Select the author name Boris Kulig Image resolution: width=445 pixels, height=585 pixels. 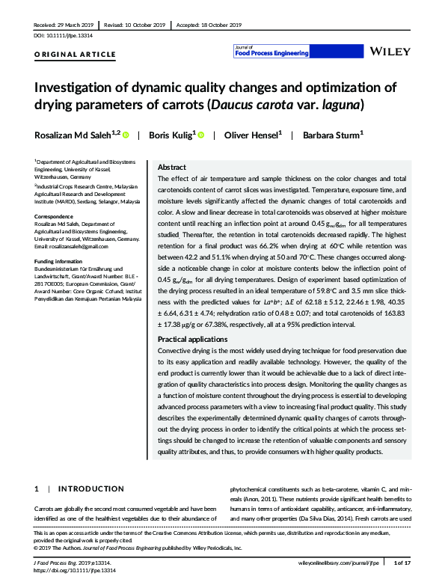click(x=171, y=135)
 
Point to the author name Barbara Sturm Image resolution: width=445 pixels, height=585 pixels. click(x=331, y=135)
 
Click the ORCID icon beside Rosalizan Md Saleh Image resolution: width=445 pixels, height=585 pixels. click(x=125, y=135)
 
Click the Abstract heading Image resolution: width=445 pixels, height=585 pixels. click(x=173, y=168)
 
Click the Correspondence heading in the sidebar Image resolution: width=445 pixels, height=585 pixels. click(x=55, y=215)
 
